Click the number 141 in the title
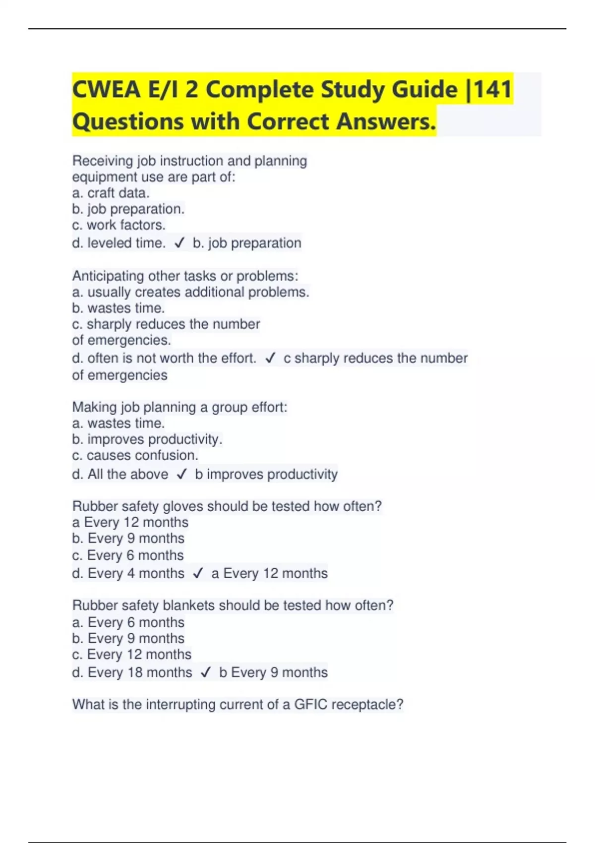493,90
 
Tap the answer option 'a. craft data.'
111,193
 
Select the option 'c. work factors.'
119,225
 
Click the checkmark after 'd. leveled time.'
179,243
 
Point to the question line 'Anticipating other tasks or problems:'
185,276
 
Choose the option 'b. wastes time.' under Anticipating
118,308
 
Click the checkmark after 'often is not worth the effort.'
270,358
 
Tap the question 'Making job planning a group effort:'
179,407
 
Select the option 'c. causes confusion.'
135,455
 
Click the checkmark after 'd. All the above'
181,474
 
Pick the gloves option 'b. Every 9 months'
128,539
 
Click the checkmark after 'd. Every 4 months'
198,573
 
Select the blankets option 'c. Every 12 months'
131,655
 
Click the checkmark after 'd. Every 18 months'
206,672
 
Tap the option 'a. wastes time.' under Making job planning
118,423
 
